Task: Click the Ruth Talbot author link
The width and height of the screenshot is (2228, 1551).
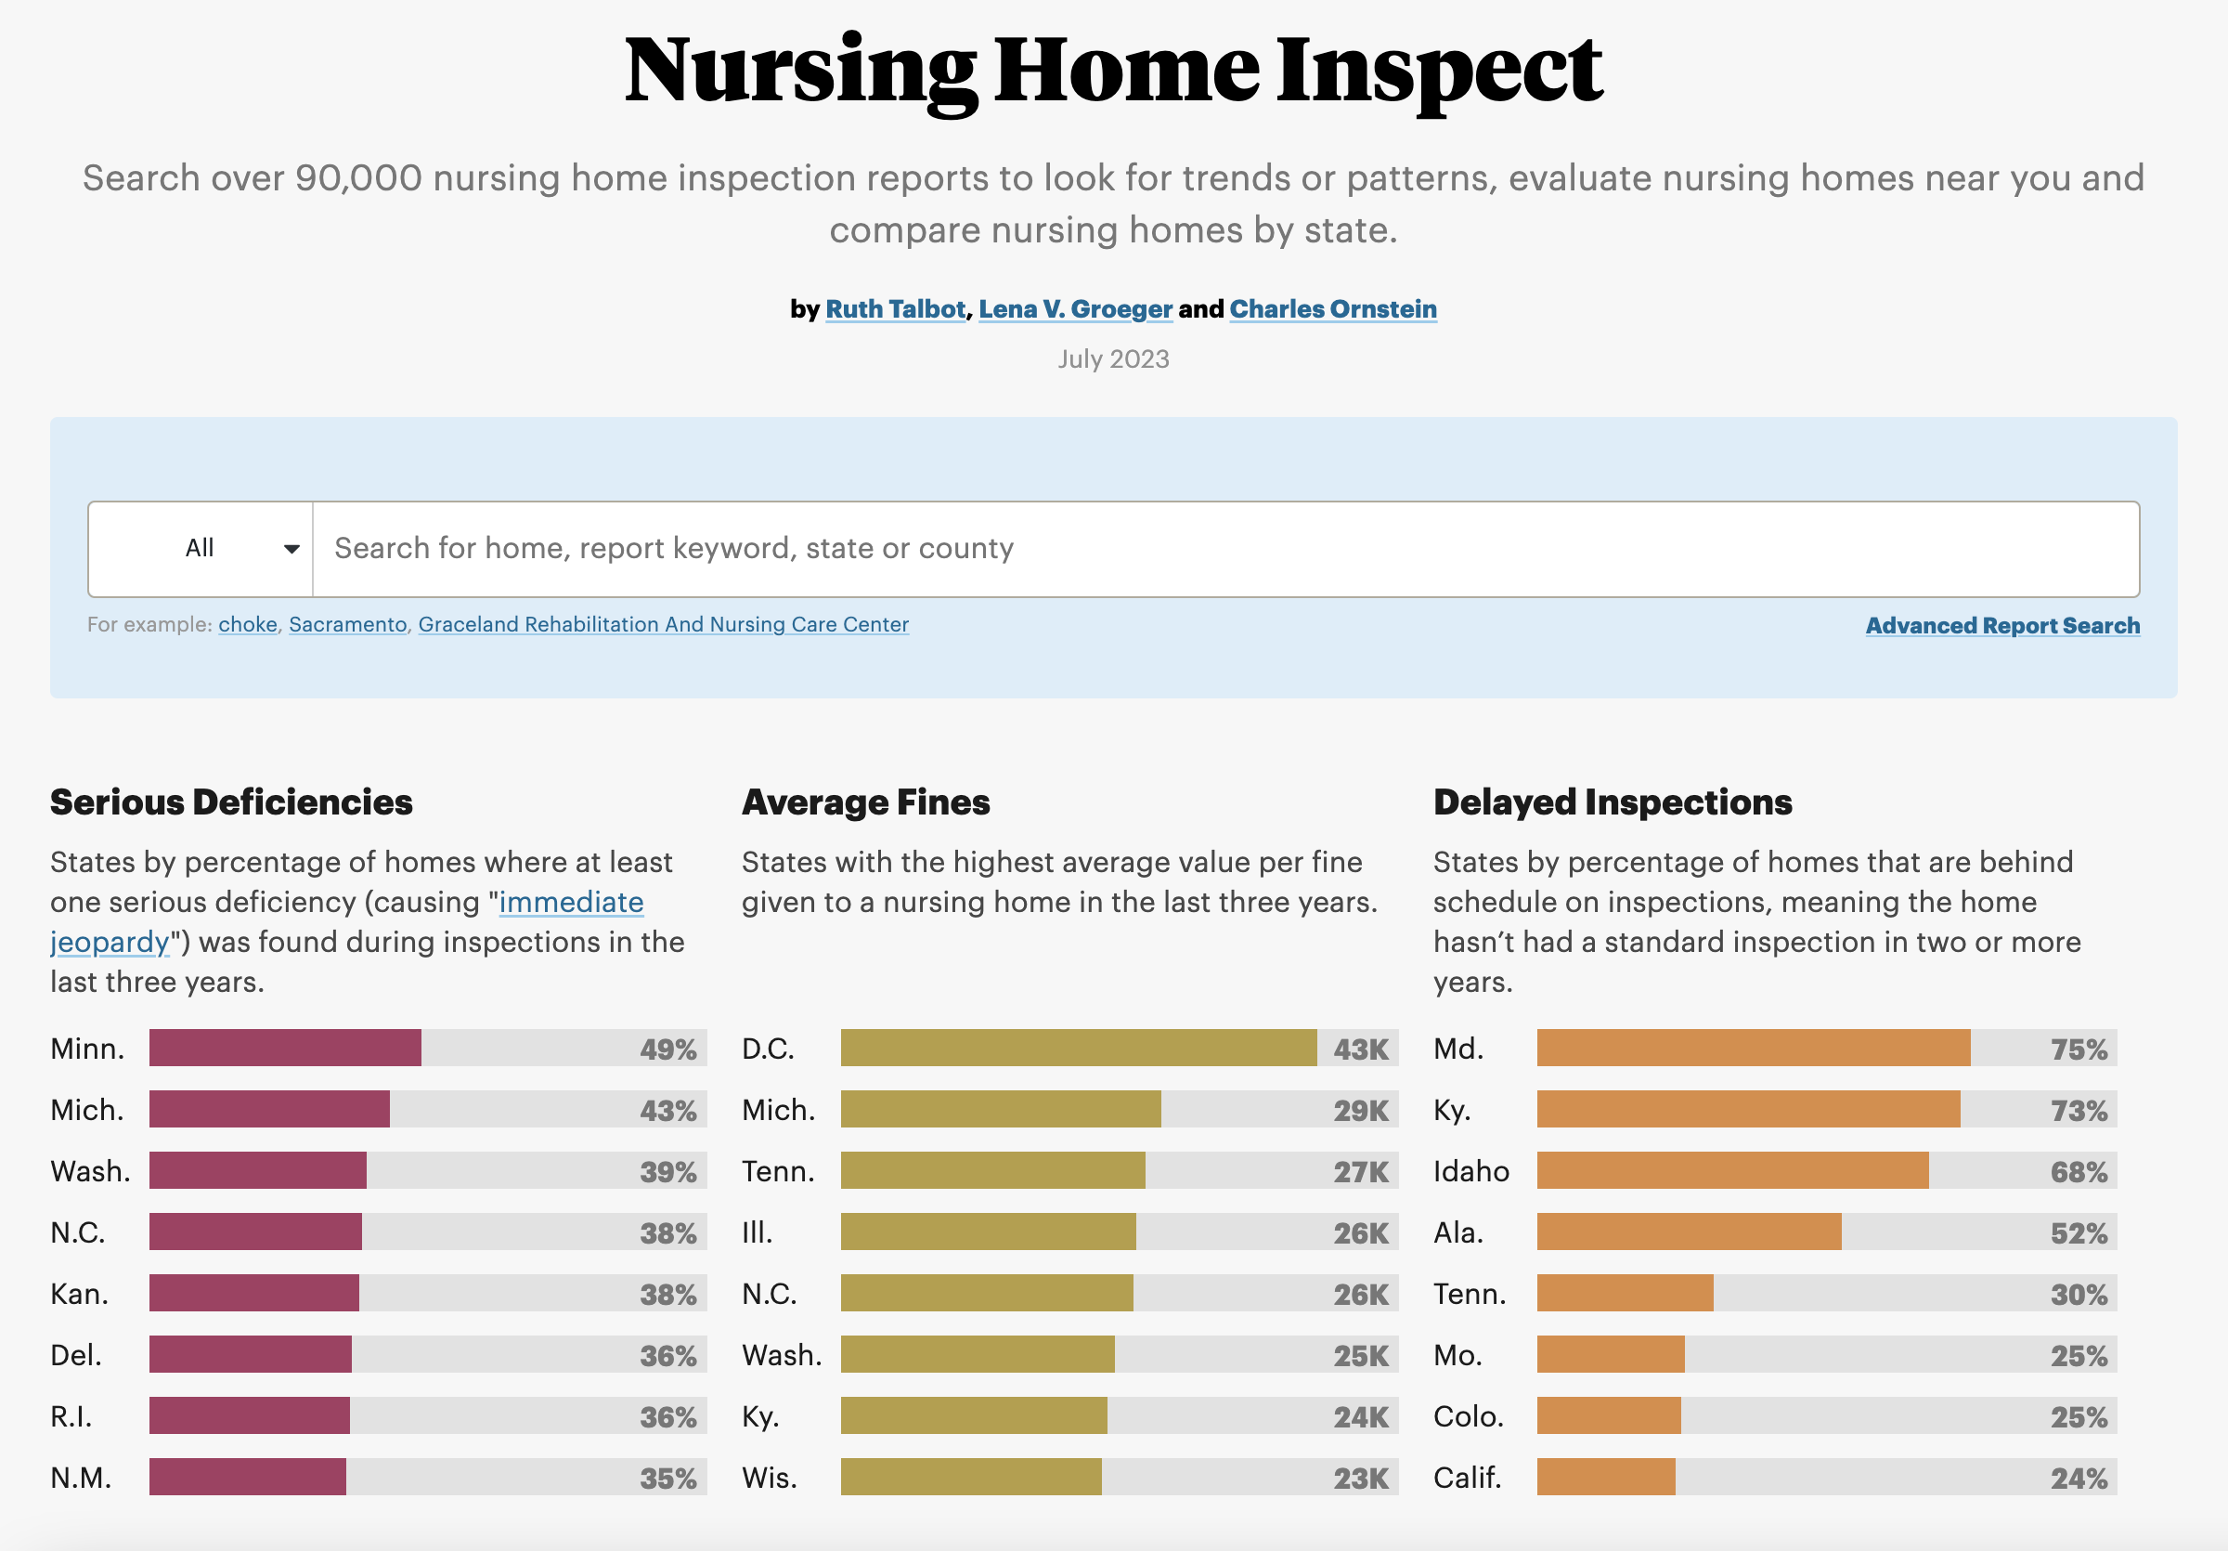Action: click(x=896, y=308)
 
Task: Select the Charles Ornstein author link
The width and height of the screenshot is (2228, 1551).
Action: click(x=1333, y=308)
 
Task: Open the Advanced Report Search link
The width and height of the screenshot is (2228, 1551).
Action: click(x=2002, y=625)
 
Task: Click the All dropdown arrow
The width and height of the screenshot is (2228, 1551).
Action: click(x=291, y=550)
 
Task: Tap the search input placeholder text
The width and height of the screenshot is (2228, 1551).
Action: click(x=674, y=548)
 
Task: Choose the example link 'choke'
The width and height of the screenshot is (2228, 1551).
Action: click(x=248, y=624)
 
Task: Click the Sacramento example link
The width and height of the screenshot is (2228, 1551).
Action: click(x=347, y=624)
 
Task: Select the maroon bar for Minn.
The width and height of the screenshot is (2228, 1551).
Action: click(x=285, y=1049)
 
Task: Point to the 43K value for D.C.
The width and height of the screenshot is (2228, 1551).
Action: click(x=1361, y=1049)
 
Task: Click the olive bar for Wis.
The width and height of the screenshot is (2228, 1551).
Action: click(x=971, y=1478)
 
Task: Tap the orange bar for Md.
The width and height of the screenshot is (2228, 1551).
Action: click(x=1754, y=1049)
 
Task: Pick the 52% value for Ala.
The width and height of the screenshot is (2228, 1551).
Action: click(x=2079, y=1233)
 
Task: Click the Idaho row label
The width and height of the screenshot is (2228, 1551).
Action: click(x=1471, y=1171)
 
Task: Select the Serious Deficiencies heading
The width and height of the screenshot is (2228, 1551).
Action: click(x=232, y=802)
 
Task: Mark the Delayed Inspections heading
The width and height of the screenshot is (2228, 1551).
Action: click(x=1613, y=802)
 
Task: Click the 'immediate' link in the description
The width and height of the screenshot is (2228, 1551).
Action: click(x=571, y=903)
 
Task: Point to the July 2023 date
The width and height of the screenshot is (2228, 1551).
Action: click(x=1114, y=359)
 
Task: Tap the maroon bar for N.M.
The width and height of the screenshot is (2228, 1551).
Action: click(x=248, y=1478)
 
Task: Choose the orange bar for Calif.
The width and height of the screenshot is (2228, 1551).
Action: click(x=1606, y=1478)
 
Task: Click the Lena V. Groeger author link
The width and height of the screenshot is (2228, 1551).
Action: click(x=1075, y=308)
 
